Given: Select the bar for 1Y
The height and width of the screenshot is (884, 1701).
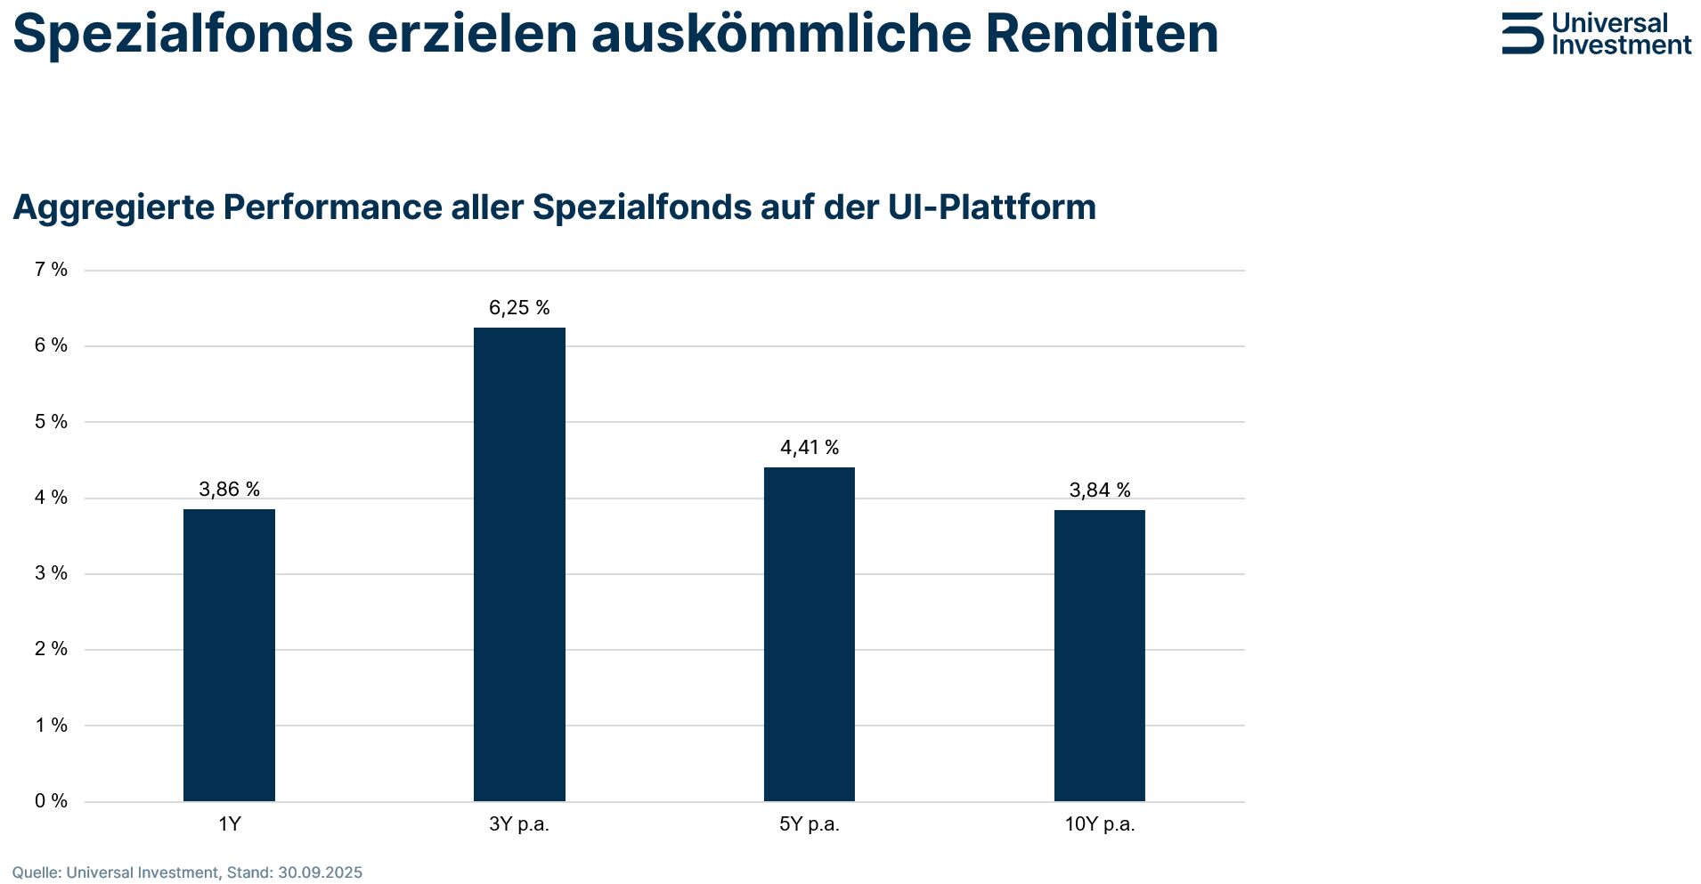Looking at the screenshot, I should pyautogui.click(x=229, y=654).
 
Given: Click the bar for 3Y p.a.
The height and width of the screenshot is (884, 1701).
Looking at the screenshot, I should pyautogui.click(x=519, y=564).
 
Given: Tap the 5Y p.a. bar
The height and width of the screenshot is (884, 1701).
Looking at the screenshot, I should pyautogui.click(x=809, y=634).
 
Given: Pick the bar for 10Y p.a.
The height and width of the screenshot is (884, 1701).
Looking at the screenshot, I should pyautogui.click(x=1099, y=655).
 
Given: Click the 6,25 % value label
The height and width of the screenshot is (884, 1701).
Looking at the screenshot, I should pyautogui.click(x=519, y=308).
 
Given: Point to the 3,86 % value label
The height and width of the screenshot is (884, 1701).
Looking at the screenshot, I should pyautogui.click(x=229, y=490).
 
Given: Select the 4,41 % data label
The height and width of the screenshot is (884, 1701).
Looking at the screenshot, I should pyautogui.click(x=809, y=448).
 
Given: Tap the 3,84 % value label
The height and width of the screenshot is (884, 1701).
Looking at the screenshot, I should pyautogui.click(x=1099, y=491).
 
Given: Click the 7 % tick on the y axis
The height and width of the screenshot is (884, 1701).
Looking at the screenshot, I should pyautogui.click(x=51, y=270).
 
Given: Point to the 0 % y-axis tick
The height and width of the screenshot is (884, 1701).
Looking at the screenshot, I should pyautogui.click(x=51, y=801).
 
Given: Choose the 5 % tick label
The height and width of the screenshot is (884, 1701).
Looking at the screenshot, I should pyautogui.click(x=51, y=422).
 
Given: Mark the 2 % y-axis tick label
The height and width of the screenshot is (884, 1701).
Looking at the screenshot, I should pyautogui.click(x=51, y=649).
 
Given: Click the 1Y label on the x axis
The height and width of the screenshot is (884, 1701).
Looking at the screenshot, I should pyautogui.click(x=229, y=824).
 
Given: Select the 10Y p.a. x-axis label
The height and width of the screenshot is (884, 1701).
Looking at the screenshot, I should pyautogui.click(x=1099, y=824).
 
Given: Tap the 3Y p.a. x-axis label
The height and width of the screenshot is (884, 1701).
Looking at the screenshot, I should pyautogui.click(x=519, y=824).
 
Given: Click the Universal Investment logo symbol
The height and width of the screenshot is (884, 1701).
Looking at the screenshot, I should pyautogui.click(x=1521, y=34).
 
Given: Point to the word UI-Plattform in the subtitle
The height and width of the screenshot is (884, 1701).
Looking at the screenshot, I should pyautogui.click(x=991, y=207).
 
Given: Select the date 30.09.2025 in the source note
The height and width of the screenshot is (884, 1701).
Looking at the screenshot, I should pyautogui.click(x=320, y=872).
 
